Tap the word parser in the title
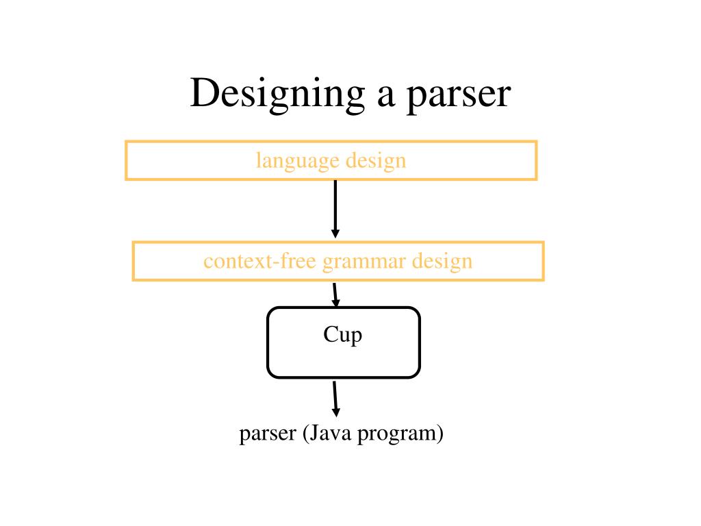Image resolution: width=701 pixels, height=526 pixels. (459, 94)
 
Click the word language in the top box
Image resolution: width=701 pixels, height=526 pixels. (298, 162)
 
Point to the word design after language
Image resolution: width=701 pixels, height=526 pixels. (376, 162)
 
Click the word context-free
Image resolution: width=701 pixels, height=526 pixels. (259, 262)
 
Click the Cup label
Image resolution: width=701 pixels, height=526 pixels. (342, 336)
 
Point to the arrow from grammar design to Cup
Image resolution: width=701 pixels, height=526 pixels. (335, 295)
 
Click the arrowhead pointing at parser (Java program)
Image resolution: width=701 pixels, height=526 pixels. (335, 412)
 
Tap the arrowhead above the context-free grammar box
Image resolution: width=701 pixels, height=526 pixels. (335, 234)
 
